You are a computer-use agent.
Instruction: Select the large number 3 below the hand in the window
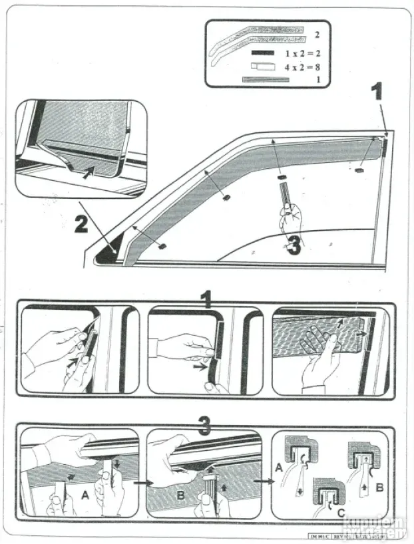click(x=294, y=248)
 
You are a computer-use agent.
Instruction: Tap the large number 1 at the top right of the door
click(x=377, y=90)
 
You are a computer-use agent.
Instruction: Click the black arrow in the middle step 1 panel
click(x=198, y=365)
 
